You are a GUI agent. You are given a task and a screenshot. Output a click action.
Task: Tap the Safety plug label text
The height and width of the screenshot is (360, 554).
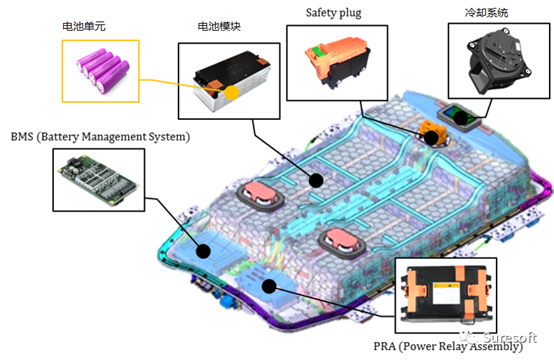click(x=333, y=11)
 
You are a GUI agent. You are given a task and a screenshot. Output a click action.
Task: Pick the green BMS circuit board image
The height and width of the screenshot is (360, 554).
click(x=95, y=185)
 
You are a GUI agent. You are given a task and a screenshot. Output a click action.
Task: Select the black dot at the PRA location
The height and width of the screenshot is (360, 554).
click(x=269, y=286)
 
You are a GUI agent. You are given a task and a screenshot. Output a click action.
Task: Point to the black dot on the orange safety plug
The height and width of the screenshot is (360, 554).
click(x=431, y=135)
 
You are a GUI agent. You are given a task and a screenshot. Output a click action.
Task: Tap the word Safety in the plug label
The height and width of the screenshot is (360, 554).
click(x=318, y=11)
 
